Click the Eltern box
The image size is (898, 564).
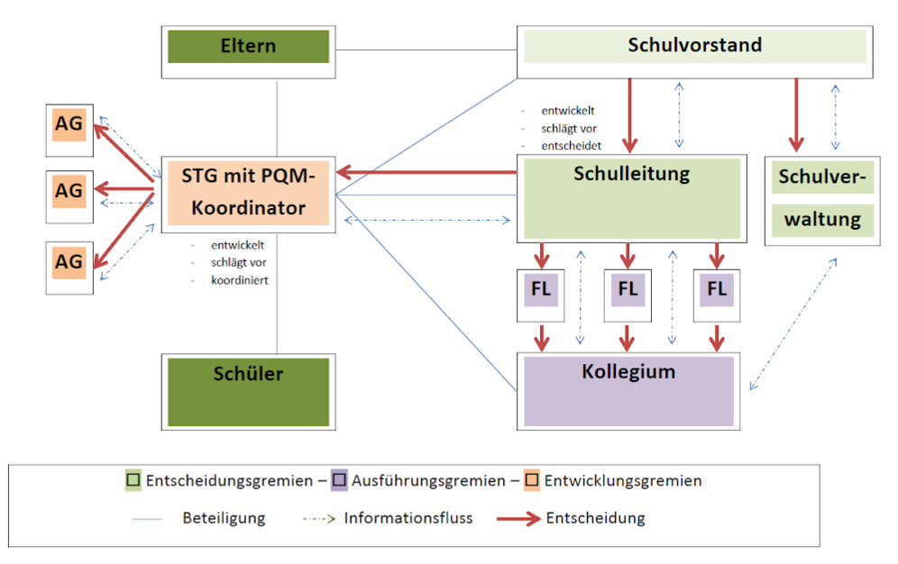pyautogui.click(x=249, y=47)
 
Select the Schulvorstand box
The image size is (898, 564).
pyautogui.click(x=694, y=46)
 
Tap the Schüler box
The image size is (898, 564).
pyautogui.click(x=249, y=389)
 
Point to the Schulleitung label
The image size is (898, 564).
pyautogui.click(x=631, y=174)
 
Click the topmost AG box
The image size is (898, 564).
pyautogui.click(x=69, y=125)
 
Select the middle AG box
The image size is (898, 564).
pyautogui.click(x=69, y=192)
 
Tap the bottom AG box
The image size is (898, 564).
pyautogui.click(x=69, y=262)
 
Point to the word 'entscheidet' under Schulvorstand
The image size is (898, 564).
pyautogui.click(x=573, y=145)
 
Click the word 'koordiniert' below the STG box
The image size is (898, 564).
pyautogui.click(x=240, y=279)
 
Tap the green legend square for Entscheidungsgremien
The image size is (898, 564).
pyautogui.click(x=133, y=481)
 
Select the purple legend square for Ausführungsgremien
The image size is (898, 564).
pyautogui.click(x=339, y=481)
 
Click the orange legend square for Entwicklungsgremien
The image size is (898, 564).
pyautogui.click(x=532, y=481)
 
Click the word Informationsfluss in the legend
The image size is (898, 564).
pyautogui.click(x=408, y=519)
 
